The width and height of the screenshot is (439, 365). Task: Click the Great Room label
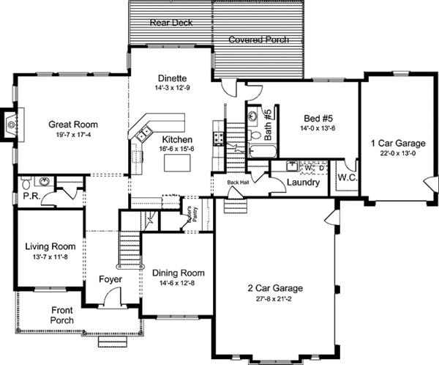(x=73, y=124)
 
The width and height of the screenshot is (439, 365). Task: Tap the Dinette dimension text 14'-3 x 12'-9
(x=173, y=88)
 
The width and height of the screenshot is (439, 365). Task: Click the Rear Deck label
(x=171, y=23)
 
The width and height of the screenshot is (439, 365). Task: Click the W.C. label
(x=346, y=177)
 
